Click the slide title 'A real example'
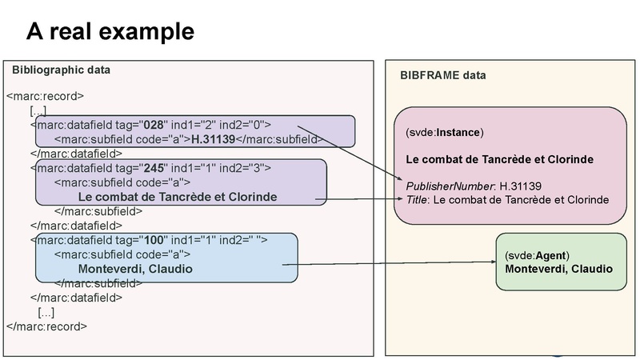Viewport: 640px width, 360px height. point(110,31)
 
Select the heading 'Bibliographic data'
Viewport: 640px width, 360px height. point(61,70)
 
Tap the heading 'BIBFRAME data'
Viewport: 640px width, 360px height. point(442,75)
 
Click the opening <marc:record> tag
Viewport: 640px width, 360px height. point(45,97)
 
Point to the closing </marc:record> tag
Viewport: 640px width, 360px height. point(46,326)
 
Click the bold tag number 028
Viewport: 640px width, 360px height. point(153,125)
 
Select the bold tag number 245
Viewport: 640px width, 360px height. point(153,168)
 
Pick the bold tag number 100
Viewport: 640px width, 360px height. point(153,240)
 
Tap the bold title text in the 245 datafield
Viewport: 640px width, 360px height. point(178,197)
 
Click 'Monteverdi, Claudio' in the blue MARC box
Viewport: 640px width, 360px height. point(135,269)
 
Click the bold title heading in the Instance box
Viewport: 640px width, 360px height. point(499,159)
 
